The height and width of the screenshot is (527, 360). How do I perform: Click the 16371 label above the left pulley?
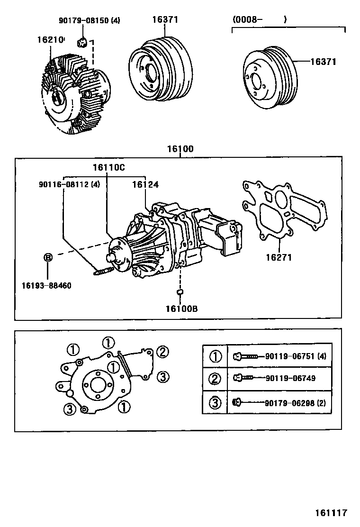pos(165,20)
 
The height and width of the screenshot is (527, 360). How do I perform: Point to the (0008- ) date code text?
pos(259,20)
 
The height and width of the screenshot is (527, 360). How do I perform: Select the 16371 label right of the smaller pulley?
pos(323,62)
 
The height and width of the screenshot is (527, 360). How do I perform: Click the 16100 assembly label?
pos(180,149)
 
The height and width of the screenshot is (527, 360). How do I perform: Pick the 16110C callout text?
pos(108,167)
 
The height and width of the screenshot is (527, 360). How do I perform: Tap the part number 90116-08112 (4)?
pos(69,184)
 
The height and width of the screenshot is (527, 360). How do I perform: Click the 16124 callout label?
pos(145,184)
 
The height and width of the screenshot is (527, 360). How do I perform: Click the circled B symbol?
pos(48,257)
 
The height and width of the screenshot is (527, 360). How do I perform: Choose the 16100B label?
pos(181,309)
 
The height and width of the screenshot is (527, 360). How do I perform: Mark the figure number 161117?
pos(332,513)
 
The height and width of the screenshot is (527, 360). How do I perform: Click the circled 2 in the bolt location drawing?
pos(162,352)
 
